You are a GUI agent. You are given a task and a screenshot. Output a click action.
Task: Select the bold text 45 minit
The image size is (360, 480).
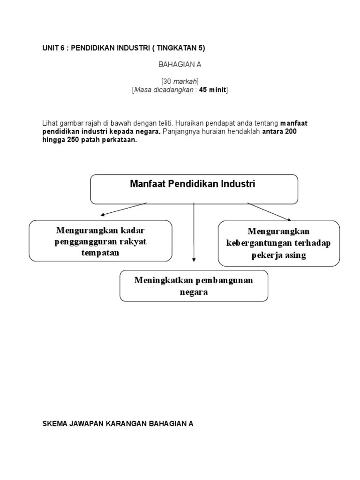pyautogui.click(x=212, y=90)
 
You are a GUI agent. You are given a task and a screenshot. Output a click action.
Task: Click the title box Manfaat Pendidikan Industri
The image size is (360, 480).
pyautogui.click(x=194, y=189)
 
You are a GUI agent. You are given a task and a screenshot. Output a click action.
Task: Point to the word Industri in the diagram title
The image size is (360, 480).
pyautogui.click(x=240, y=184)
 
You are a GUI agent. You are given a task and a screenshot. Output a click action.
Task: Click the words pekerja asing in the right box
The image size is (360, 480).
pyautogui.click(x=278, y=255)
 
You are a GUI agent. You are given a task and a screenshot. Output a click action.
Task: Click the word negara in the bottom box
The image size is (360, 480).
pyautogui.click(x=194, y=292)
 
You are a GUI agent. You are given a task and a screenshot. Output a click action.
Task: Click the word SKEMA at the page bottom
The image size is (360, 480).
pyautogui.click(x=54, y=424)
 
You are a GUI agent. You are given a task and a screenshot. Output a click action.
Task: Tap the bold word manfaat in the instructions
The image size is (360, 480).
pyautogui.click(x=294, y=123)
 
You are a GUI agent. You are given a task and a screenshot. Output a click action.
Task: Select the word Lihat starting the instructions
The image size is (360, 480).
pyautogui.click(x=49, y=123)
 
